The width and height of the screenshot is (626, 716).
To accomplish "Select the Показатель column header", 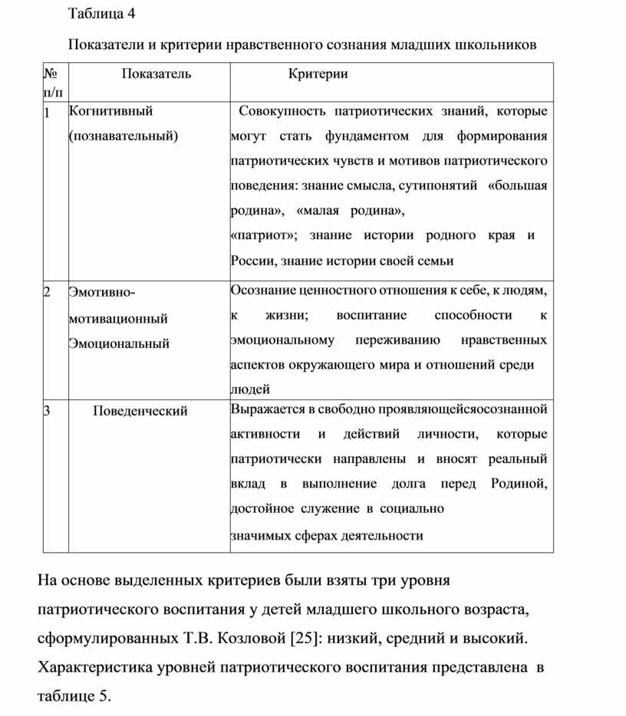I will (x=156, y=74).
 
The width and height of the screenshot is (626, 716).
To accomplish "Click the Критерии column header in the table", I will (x=318, y=74).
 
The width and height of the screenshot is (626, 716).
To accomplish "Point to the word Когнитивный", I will (x=110, y=111).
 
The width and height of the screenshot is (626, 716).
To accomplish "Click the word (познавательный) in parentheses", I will (x=123, y=136).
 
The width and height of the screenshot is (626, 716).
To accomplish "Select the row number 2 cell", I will (x=48, y=292).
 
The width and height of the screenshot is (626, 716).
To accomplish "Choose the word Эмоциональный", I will (x=119, y=343).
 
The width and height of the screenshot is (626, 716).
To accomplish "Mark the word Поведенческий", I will (x=140, y=411).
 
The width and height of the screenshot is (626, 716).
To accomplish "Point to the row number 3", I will (x=48, y=411).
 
